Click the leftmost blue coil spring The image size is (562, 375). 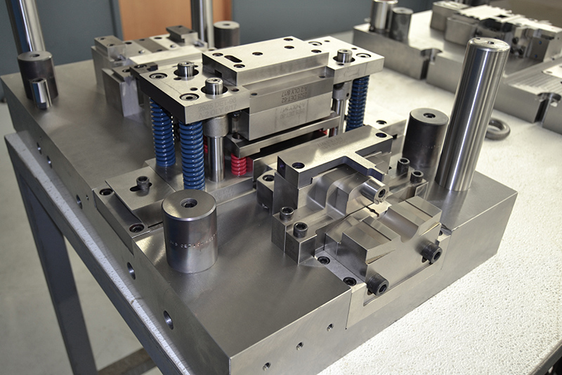click(162, 134)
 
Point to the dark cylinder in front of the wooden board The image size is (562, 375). click(226, 34)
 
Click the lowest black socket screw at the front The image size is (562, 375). click(377, 285)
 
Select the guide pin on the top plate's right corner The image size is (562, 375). click(344, 56)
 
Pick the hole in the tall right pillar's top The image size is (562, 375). click(490, 43)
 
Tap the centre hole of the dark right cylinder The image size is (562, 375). click(428, 115)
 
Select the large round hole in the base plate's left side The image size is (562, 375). click(168, 320)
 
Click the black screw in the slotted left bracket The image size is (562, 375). click(143, 183)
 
